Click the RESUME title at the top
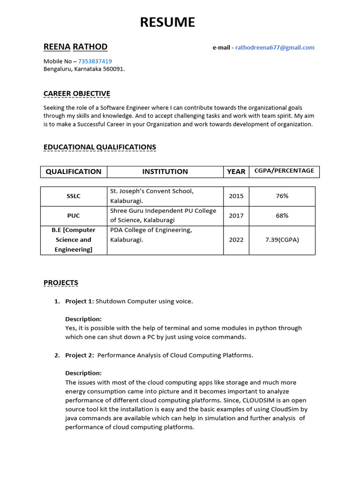tap(167, 22)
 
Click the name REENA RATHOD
tap(75, 47)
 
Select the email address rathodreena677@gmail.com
tap(274, 47)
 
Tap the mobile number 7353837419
tap(95, 61)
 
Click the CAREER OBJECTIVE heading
tap(77, 94)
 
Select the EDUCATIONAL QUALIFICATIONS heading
tap(100, 147)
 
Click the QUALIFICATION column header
tap(74, 172)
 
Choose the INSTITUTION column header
tap(165, 172)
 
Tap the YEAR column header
tap(236, 172)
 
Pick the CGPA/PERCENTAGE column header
tap(284, 171)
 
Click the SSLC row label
tap(74, 196)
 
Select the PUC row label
tap(74, 216)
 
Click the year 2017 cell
tap(236, 216)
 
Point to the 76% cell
tap(282, 196)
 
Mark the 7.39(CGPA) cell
tap(282, 240)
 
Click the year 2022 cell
tap(236, 240)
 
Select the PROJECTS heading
tap(61, 283)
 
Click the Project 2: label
tap(79, 355)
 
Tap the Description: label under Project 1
tap(83, 319)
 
